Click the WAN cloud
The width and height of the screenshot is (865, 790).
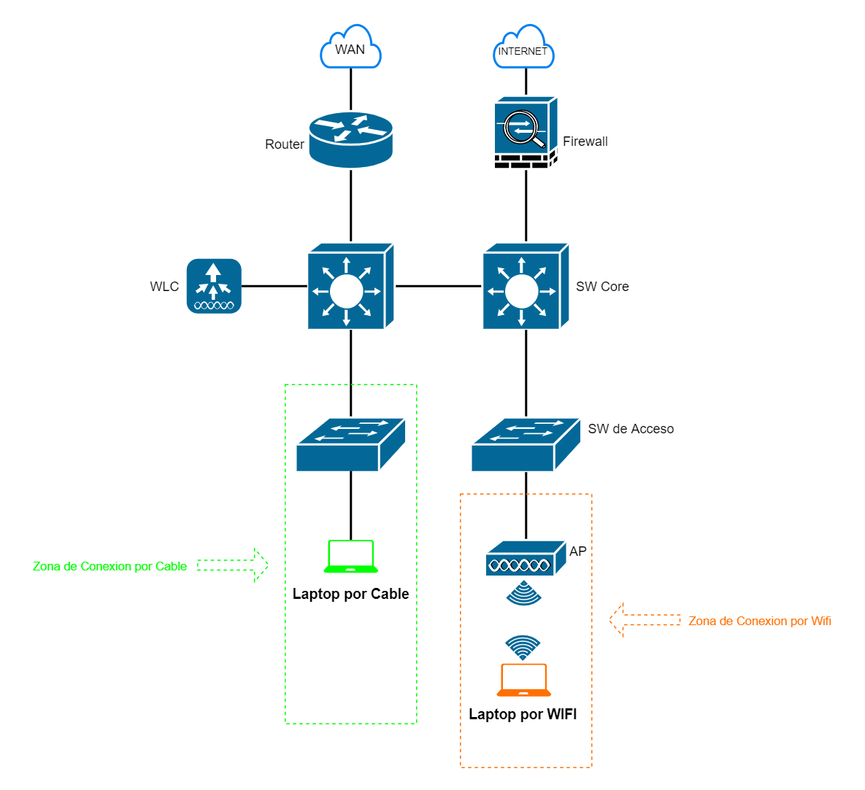pos(350,49)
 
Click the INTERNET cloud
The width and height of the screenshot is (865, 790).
pos(523,50)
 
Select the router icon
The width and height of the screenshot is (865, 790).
pos(351,139)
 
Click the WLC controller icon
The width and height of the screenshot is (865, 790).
pos(214,286)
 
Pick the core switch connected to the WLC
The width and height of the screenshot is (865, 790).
pos(350,287)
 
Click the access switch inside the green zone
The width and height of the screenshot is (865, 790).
pos(350,444)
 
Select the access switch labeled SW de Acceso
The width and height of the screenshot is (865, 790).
pos(526,444)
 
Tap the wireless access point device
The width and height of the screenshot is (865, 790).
pos(526,559)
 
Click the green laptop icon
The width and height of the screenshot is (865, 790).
pos(351,557)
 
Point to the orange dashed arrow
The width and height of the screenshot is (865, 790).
pos(645,620)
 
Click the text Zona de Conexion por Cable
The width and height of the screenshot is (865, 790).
pos(109,566)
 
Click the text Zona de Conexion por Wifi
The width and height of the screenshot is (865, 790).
pos(760,621)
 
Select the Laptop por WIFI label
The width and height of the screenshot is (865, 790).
pos(523,714)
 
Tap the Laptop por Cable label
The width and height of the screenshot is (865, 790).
pos(350,594)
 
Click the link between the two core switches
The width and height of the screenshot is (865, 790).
pos(438,286)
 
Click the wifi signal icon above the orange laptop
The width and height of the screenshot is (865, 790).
pos(523,647)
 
